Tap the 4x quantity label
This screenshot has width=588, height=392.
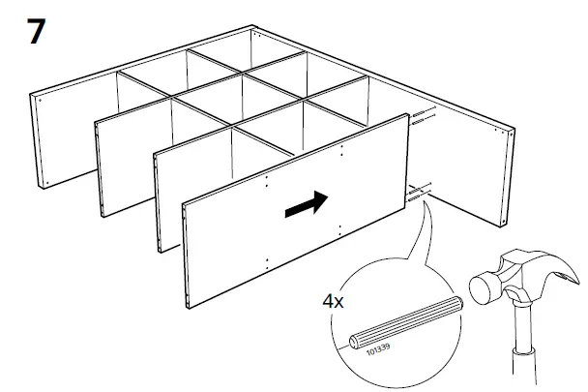coord(333,303)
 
